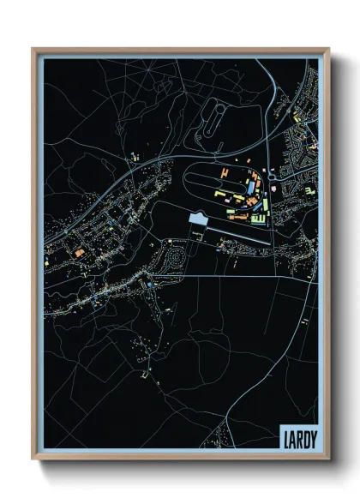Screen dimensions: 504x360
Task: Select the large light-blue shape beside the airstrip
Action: point(198,221)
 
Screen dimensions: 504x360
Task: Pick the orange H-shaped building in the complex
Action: point(225,175)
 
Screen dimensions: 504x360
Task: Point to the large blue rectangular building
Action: point(251,186)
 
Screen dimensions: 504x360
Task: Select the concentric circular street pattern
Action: point(176,255)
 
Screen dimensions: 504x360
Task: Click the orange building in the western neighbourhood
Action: point(76,253)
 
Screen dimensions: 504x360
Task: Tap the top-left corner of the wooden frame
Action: point(33,51)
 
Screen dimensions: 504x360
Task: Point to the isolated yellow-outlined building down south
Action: point(144,374)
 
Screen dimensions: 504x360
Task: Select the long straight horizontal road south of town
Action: point(223,277)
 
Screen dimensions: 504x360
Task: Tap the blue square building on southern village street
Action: point(151,285)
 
